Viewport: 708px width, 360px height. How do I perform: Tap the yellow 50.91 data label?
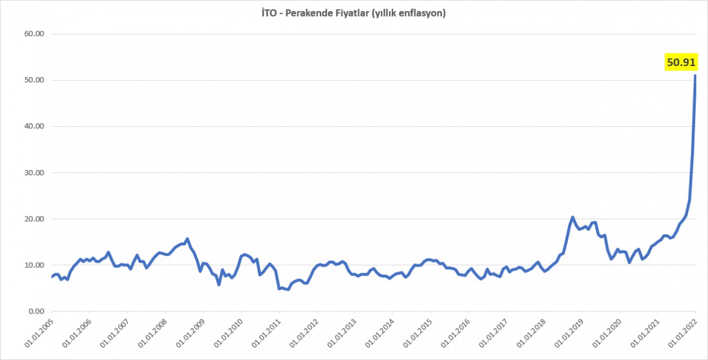tap(681, 61)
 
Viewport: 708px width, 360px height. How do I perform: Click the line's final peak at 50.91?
tap(696, 76)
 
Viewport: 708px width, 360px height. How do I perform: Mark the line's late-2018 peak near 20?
tap(572, 217)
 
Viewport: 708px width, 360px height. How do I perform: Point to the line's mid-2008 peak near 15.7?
tap(187, 239)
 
